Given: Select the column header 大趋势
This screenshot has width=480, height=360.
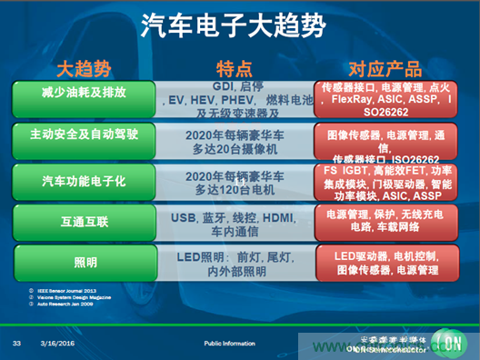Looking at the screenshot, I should (x=84, y=68).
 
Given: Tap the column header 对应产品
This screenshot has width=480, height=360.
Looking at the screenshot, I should (x=385, y=68).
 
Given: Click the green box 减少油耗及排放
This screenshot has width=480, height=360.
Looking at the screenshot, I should (x=85, y=94).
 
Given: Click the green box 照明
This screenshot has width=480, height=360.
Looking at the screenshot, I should (x=85, y=262).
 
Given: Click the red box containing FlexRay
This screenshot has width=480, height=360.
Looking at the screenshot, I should (x=385, y=103).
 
